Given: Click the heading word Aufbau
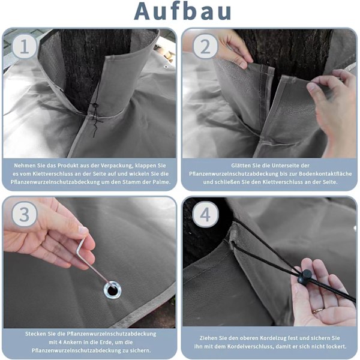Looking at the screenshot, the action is click(x=182, y=11).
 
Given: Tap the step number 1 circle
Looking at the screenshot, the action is click(x=25, y=47).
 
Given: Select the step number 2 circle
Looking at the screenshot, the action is click(x=205, y=47).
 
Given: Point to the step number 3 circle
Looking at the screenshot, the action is click(x=25, y=214).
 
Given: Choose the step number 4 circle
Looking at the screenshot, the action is click(x=205, y=214).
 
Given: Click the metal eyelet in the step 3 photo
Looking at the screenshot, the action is click(x=112, y=290).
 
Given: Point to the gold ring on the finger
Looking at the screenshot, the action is click(x=318, y=311).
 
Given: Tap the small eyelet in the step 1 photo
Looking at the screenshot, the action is click(x=166, y=67).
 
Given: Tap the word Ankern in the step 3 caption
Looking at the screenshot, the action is click(x=73, y=342).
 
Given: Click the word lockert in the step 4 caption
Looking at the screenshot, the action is click(x=337, y=346).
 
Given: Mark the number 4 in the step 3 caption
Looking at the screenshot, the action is click(x=60, y=342).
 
